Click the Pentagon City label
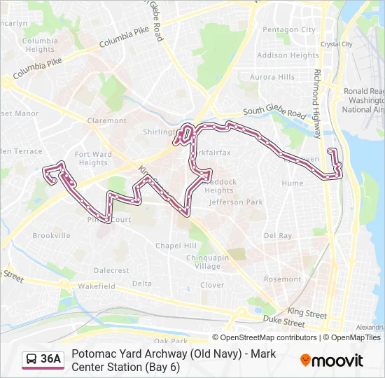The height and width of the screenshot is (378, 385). click(x=288, y=30)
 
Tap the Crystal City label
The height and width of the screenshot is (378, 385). click(x=336, y=44)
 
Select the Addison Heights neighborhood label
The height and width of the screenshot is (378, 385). click(x=288, y=55)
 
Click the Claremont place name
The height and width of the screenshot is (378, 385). click(x=107, y=120)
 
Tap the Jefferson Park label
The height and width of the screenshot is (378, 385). click(x=236, y=202)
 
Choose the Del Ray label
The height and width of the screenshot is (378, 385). click(x=278, y=236)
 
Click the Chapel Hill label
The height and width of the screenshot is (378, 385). click(x=176, y=246)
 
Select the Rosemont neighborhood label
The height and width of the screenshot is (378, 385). click(x=282, y=279)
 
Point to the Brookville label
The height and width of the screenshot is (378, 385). click(x=51, y=236)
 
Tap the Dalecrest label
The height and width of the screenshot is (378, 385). click(x=111, y=270)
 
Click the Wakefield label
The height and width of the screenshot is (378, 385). click(x=97, y=286)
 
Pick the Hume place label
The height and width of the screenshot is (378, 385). click(x=293, y=183)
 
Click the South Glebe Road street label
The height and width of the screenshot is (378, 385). click(x=274, y=113)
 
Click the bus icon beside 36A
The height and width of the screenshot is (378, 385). click(x=31, y=360)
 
